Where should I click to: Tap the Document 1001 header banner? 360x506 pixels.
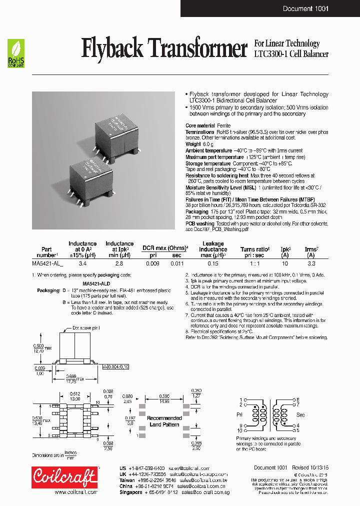click(305, 8)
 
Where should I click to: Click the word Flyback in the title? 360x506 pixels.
click(112, 49)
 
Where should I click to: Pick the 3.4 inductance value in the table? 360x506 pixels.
click(82, 262)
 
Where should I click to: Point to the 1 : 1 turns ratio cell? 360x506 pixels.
click(254, 262)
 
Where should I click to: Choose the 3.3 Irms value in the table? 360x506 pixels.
click(310, 262)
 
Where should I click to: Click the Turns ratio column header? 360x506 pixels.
click(254, 249)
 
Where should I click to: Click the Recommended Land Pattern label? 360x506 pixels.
click(164, 421)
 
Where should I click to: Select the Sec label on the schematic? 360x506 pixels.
click(300, 414)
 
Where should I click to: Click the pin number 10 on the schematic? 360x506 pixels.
click(239, 430)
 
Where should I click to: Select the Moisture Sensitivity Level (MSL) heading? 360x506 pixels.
click(220, 187)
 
